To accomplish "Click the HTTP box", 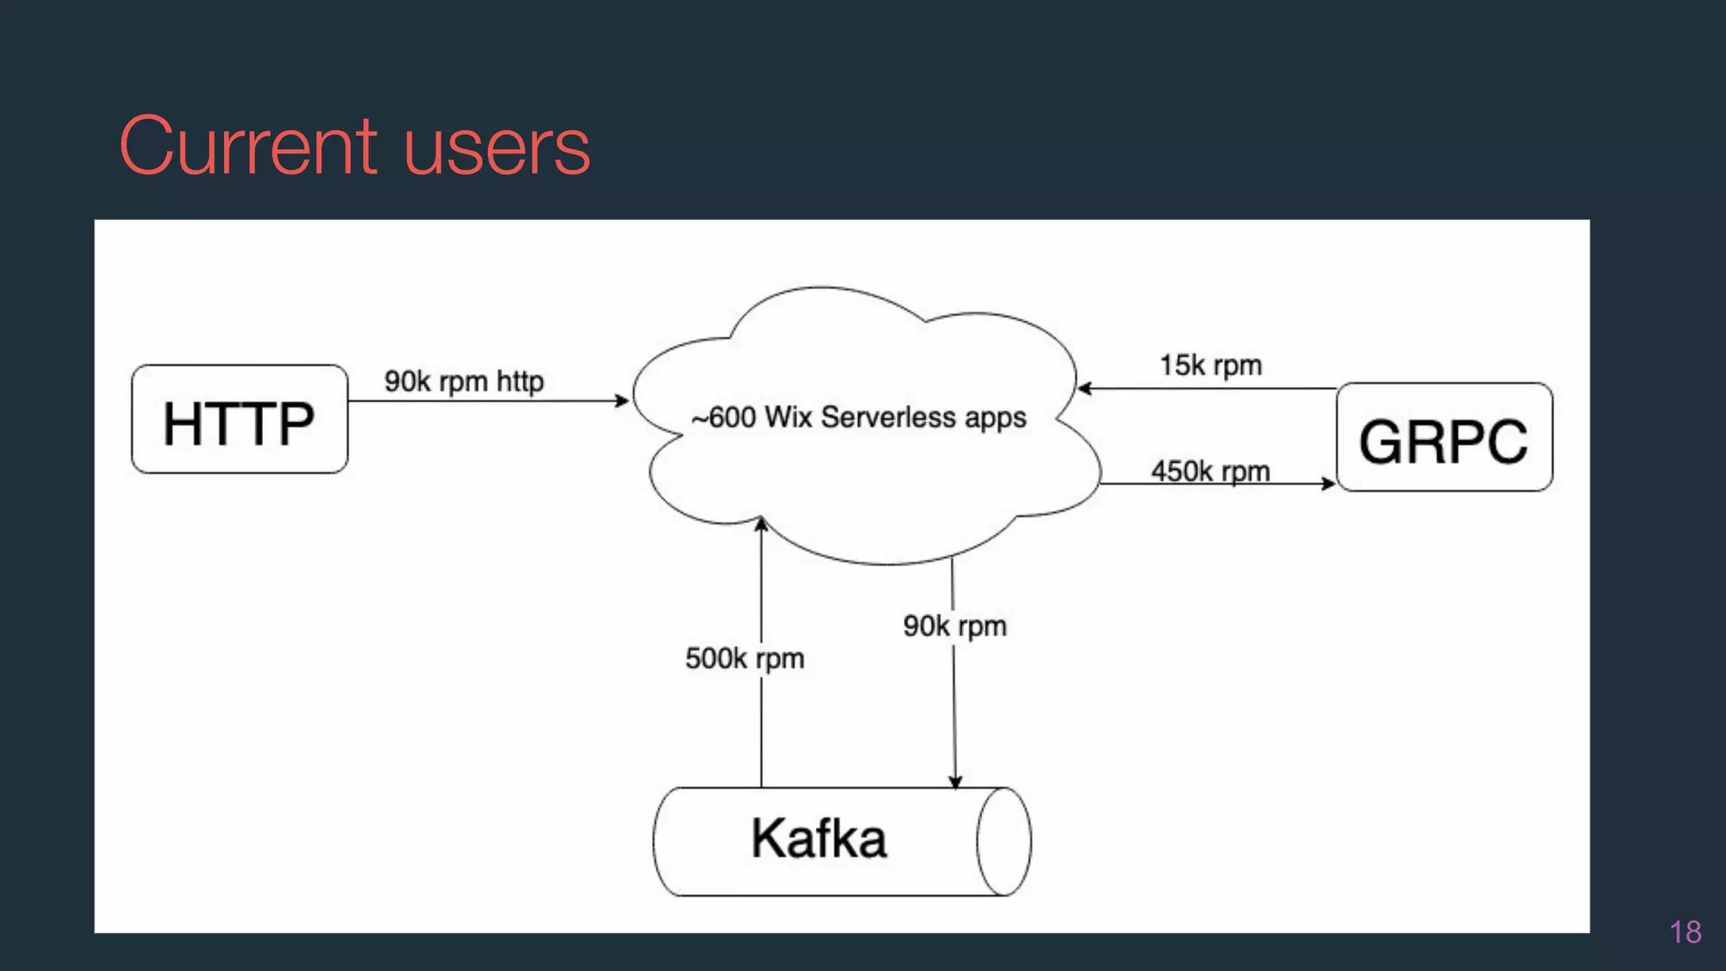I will (x=239, y=420).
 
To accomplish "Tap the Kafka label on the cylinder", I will (x=818, y=839).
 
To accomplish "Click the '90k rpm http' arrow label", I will (x=464, y=381).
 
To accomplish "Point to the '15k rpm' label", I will (x=1210, y=365).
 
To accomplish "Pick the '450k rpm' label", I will (x=1210, y=470).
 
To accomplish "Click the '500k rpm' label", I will (x=744, y=658).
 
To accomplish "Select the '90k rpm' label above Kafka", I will (x=955, y=625).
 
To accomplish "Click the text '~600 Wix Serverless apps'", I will (x=859, y=417).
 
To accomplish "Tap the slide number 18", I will (x=1685, y=932).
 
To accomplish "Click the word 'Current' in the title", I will (x=248, y=147).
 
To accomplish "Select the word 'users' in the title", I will (x=496, y=148).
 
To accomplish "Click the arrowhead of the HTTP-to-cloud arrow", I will (x=623, y=400).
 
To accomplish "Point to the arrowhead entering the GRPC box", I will (x=1329, y=484).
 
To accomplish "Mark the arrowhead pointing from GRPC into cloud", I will (x=1085, y=389).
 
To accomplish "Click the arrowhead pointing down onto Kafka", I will (x=955, y=781).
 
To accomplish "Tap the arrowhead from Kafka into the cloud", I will (x=761, y=523).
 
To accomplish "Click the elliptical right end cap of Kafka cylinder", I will (x=1004, y=841).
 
